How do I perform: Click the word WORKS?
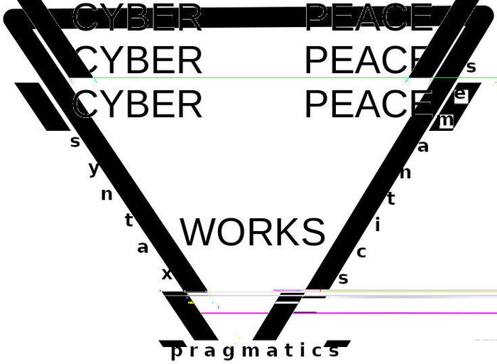coord(253,232)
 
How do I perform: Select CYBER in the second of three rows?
coord(138,61)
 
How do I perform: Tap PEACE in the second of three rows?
coord(366,61)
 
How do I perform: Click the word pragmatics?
coord(256,350)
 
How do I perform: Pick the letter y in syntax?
coord(94,169)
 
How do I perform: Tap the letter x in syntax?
coord(167,273)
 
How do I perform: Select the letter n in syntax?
coord(106,194)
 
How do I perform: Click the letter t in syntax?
coord(129,220)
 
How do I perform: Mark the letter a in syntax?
coord(143,247)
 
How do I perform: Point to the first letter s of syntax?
coord(75,141)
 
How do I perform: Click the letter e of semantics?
coord(460,94)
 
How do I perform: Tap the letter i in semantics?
coord(378,225)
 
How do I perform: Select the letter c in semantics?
coord(361,252)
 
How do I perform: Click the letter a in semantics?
coord(423,147)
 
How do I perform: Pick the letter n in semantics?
coord(405,172)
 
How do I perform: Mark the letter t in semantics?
coord(390,199)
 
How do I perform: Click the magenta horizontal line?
coord(341,313)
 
